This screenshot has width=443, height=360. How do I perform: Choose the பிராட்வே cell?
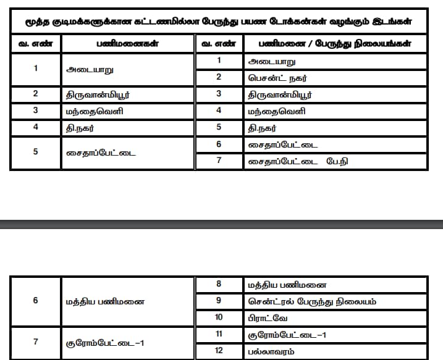[x=266, y=317]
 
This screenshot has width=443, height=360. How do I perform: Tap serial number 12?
[x=219, y=351]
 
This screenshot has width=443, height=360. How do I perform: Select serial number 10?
[x=219, y=317]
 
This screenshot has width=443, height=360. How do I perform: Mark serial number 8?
[x=219, y=285]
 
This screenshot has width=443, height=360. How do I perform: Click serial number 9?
[x=219, y=301]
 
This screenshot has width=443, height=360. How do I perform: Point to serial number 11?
[x=219, y=335]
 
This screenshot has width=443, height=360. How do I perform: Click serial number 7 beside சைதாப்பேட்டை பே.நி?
[x=219, y=161]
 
